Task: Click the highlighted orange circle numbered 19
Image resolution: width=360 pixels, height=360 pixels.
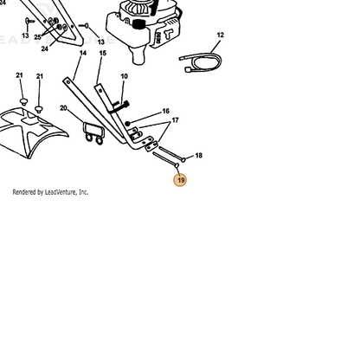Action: (180, 180)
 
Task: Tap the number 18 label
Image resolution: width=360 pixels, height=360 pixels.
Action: (199, 156)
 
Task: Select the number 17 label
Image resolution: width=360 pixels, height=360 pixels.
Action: (176, 120)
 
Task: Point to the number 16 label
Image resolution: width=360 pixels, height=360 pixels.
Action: (166, 111)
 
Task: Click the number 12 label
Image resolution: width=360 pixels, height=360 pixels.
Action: (220, 35)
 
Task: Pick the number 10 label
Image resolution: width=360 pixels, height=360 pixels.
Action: (124, 76)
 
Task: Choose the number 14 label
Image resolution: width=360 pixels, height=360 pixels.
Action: (83, 53)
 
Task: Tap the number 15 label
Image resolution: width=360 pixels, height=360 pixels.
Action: (103, 53)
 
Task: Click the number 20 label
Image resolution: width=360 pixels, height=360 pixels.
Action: (63, 108)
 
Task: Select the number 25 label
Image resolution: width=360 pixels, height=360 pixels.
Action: (37, 37)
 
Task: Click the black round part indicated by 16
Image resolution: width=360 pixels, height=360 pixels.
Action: (127, 124)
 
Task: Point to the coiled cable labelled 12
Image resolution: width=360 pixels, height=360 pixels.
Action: (201, 62)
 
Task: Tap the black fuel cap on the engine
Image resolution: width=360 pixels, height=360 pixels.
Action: (138, 23)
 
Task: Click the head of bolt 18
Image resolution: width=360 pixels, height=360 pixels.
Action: (183, 159)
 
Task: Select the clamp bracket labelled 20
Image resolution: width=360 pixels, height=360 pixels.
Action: (93, 133)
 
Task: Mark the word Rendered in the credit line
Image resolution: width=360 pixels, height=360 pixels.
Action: (24, 192)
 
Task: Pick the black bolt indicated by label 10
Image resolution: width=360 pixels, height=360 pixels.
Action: (119, 106)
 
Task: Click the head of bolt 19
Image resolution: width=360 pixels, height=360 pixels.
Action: (177, 165)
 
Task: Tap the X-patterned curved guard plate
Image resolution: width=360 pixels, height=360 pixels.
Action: (32, 130)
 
